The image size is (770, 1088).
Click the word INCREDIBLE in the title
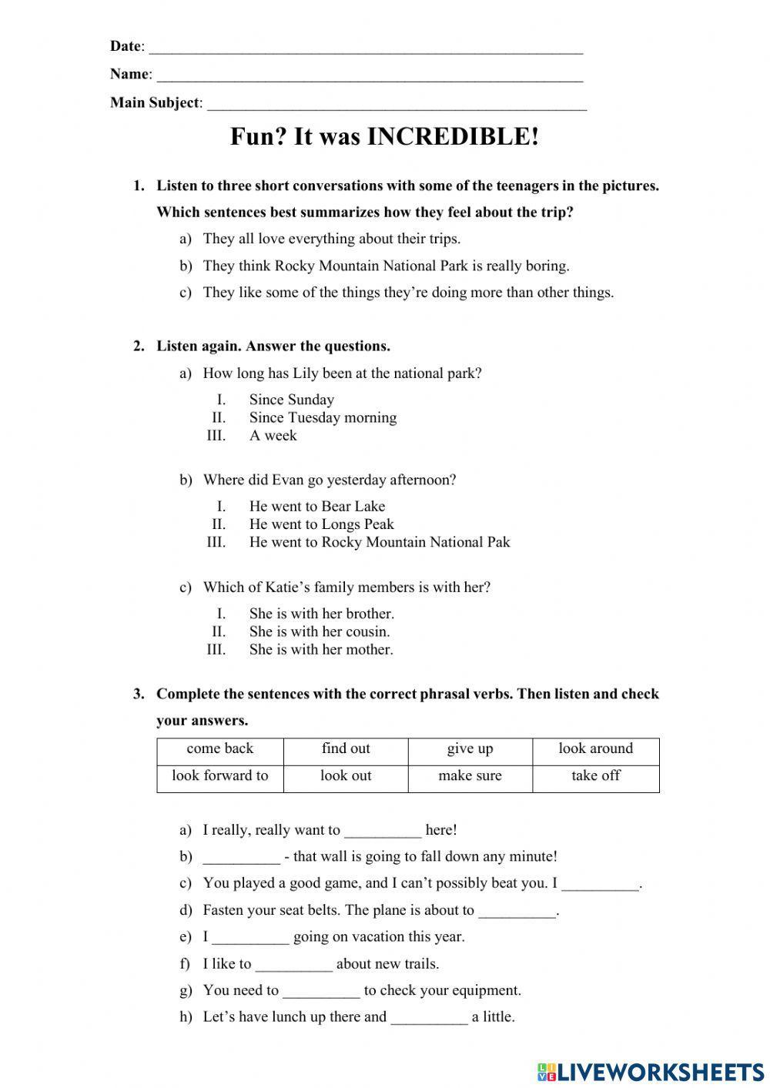coord(452,137)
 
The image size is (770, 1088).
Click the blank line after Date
coord(365,48)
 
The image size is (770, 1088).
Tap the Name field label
coord(129,74)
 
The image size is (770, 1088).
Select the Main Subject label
coord(155,102)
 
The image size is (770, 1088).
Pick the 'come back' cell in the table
coord(219,749)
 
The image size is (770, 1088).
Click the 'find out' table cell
coord(346,749)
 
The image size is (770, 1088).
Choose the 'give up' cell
coord(470,749)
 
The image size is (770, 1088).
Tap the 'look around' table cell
coord(595,749)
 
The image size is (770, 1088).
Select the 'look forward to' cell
coord(219,776)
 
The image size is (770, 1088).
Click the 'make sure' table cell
coord(470,776)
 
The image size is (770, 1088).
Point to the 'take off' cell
coord(595,776)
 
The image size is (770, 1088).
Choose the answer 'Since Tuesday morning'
coord(323,418)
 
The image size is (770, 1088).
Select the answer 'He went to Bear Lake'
coord(316,507)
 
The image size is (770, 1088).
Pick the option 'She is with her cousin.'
coord(320,632)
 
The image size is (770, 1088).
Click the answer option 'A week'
coord(273,436)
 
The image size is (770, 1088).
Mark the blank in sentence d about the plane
coord(517,912)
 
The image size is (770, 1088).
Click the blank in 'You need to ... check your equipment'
coord(321,992)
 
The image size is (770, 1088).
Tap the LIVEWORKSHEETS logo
coord(651,1071)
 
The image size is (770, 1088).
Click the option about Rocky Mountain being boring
coord(386,266)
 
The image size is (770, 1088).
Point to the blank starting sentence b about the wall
coord(241,858)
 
